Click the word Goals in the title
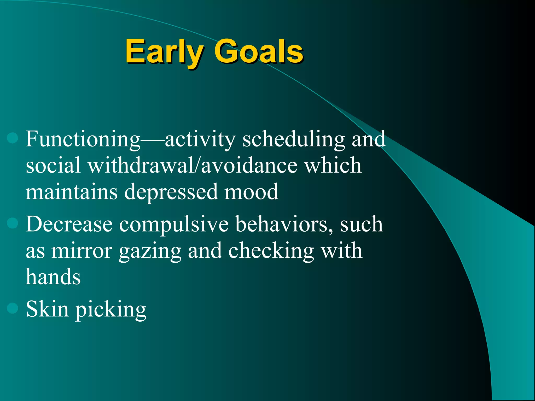[x=259, y=52]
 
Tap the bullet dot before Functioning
[x=13, y=138]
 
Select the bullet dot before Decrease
[x=13, y=223]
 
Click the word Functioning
[x=83, y=140]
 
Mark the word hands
[x=53, y=277]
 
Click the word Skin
[x=47, y=309]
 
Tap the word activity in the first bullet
[x=200, y=140]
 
